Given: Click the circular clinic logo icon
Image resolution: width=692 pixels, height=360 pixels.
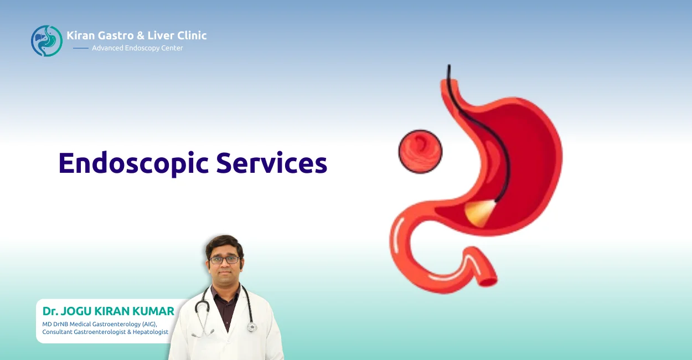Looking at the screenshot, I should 47,40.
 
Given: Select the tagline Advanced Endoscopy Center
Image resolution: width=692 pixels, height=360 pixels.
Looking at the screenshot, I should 137,48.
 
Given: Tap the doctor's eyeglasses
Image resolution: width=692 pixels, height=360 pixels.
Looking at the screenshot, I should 224,259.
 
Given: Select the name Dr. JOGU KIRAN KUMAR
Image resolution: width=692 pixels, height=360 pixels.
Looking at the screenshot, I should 108,311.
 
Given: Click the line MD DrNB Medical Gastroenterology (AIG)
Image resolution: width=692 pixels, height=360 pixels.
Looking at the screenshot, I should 100,324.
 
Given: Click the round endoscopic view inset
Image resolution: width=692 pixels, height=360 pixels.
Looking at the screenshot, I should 420,151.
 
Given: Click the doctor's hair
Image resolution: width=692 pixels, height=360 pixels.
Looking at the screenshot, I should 224,244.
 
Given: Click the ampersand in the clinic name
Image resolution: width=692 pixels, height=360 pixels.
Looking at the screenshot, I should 141,35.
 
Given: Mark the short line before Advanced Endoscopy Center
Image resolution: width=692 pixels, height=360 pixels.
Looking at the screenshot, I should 81,48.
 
